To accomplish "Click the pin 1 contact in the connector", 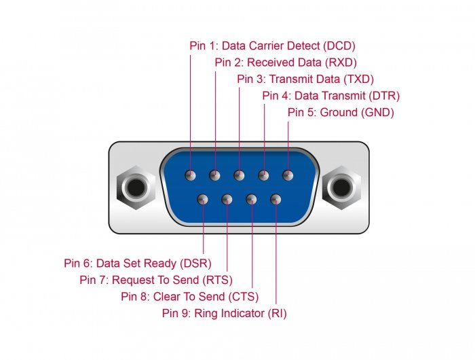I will [x=191, y=175].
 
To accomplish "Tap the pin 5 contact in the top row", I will [x=287, y=175].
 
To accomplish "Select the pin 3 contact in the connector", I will [x=239, y=175].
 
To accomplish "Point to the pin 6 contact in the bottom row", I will [x=203, y=199].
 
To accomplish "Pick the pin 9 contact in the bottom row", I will [x=275, y=199].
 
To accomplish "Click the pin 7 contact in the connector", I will [x=227, y=199].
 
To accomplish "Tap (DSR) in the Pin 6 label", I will [x=196, y=263].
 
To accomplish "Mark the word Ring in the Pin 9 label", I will [x=206, y=313].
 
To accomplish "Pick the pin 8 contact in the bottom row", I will [x=251, y=199].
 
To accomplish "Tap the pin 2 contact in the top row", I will [x=214, y=175].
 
